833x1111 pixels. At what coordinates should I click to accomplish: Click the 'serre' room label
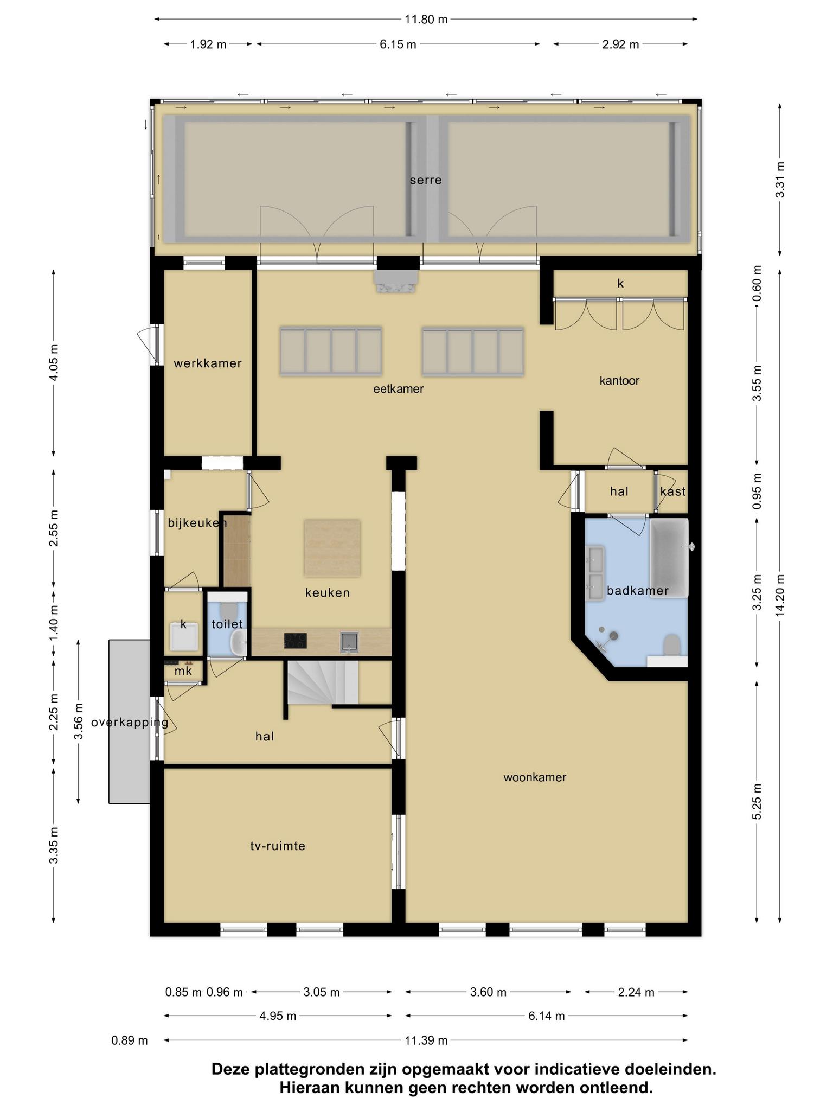(x=426, y=180)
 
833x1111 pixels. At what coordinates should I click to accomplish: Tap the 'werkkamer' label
(x=208, y=363)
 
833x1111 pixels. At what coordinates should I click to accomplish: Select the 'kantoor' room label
(x=619, y=381)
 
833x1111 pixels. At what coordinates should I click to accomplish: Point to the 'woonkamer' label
(x=535, y=777)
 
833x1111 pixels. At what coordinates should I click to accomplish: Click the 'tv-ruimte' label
(x=278, y=846)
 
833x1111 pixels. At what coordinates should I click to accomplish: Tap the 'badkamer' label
(x=638, y=591)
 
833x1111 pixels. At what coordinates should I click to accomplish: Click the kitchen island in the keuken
(x=332, y=548)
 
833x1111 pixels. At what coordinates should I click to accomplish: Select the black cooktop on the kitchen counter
(x=295, y=641)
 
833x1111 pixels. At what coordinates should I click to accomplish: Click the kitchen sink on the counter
(x=349, y=642)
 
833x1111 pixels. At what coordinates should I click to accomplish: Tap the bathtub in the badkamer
(x=669, y=558)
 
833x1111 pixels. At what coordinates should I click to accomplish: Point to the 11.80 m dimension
(x=426, y=20)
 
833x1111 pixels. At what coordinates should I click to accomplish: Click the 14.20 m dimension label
(x=780, y=596)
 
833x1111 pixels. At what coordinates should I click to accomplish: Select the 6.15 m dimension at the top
(x=398, y=44)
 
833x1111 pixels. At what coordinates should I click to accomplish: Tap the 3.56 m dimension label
(x=79, y=721)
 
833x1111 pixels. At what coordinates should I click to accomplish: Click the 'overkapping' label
(x=130, y=723)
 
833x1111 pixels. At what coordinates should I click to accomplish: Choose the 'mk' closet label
(x=183, y=672)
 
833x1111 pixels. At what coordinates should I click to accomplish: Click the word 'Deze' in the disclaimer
(x=230, y=1069)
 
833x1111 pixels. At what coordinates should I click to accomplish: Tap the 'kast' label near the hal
(x=673, y=491)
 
